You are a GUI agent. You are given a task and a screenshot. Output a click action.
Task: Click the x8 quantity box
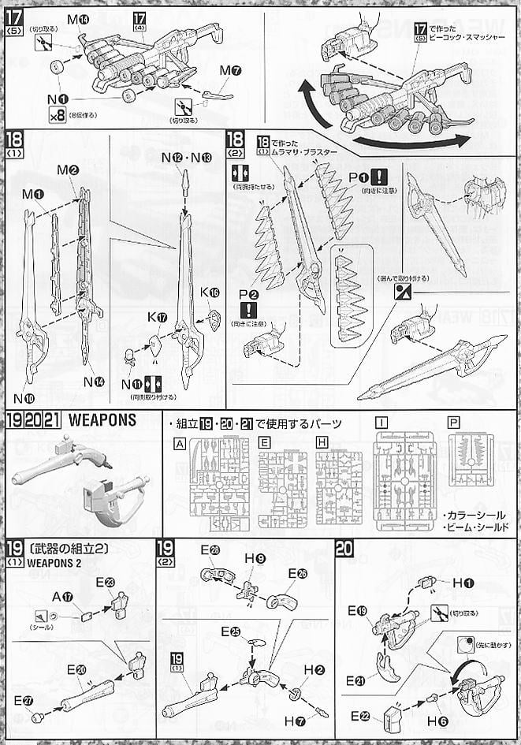[56, 115]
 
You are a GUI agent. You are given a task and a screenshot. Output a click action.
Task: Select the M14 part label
[78, 18]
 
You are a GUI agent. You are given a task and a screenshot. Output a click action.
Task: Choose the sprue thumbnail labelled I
[404, 480]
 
